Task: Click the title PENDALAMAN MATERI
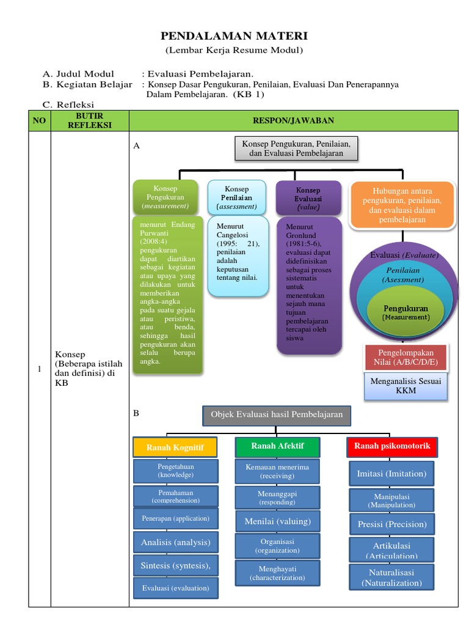pyautogui.click(x=234, y=36)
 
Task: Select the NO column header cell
pyautogui.click(x=40, y=120)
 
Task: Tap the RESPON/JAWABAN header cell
pyautogui.click(x=293, y=120)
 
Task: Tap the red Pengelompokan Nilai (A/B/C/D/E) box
pyautogui.click(x=405, y=358)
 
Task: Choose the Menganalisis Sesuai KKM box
pyautogui.click(x=405, y=386)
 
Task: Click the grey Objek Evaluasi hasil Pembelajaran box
pyautogui.click(x=277, y=415)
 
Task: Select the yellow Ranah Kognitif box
pyautogui.click(x=175, y=447)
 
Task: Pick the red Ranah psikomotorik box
pyautogui.click(x=392, y=446)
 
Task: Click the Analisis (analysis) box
pyautogui.click(x=175, y=542)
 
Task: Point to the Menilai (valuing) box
pyautogui.click(x=277, y=521)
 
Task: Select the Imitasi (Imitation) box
pyautogui.click(x=391, y=473)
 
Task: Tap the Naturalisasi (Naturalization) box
pyautogui.click(x=391, y=578)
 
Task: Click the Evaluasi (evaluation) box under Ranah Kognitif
pyautogui.click(x=175, y=588)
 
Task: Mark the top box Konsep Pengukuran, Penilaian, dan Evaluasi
pyautogui.click(x=296, y=148)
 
